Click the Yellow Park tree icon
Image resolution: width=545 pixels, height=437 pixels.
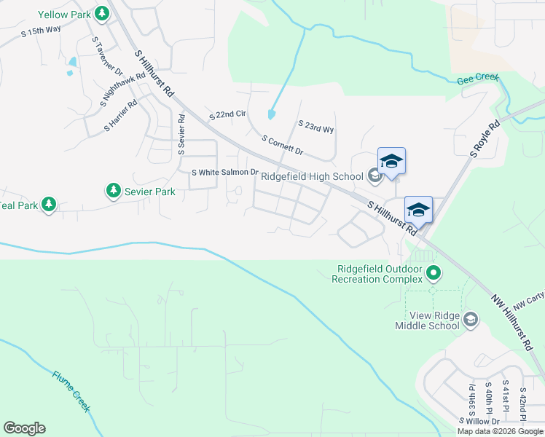coord(103,13)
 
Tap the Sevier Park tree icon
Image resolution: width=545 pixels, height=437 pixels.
coord(113,191)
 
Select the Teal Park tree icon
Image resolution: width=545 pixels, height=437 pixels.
coord(49,205)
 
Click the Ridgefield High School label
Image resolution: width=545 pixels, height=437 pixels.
coord(312,176)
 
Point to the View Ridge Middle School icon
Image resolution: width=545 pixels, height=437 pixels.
coord(471,319)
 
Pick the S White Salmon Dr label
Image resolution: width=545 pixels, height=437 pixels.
coord(224,173)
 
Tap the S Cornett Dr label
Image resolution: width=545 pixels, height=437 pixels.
coord(281,145)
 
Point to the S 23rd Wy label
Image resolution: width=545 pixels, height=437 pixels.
coord(315,127)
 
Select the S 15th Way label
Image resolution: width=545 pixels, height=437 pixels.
coord(41,33)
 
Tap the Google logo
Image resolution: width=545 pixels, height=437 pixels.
coord(24,428)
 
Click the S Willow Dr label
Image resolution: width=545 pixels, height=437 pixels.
coord(480,421)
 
